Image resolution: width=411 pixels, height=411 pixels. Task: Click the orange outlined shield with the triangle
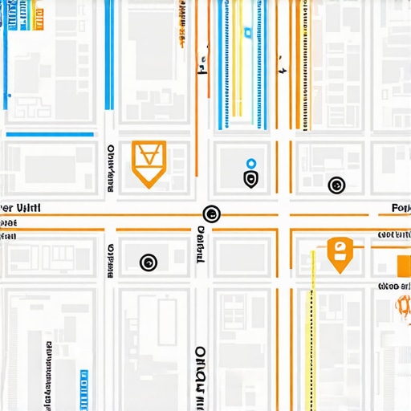(149, 162)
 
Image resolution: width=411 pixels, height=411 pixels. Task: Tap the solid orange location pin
(340, 254)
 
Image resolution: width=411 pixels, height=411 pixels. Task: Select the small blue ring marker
(251, 163)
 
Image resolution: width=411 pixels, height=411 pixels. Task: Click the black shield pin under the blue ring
(251, 178)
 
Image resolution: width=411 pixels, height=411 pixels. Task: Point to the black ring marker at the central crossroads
(211, 214)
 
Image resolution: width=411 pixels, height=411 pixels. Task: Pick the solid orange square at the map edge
(404, 264)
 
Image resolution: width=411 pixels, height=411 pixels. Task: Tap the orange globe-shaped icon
(403, 305)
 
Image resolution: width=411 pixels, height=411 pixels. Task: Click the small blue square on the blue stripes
(249, 33)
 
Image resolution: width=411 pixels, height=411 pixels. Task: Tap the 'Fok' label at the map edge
(400, 208)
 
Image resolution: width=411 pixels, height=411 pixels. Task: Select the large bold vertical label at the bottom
(200, 377)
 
